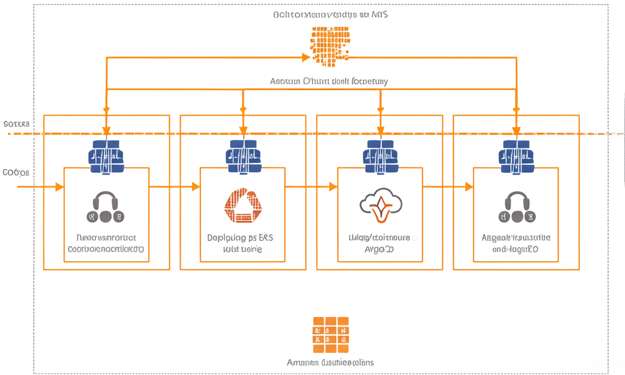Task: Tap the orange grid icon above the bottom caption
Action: (x=330, y=335)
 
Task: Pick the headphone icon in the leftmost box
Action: (x=106, y=206)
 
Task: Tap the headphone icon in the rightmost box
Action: (x=516, y=206)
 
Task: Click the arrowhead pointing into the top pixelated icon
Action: (x=306, y=57)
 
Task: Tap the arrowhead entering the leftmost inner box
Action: (x=59, y=186)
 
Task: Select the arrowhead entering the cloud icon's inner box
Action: (x=333, y=186)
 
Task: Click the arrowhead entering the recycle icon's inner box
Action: (x=196, y=186)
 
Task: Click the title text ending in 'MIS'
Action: (x=330, y=15)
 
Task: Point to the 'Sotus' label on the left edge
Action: (x=16, y=124)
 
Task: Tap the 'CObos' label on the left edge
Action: (x=16, y=173)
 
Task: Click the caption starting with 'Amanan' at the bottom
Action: (x=330, y=362)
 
